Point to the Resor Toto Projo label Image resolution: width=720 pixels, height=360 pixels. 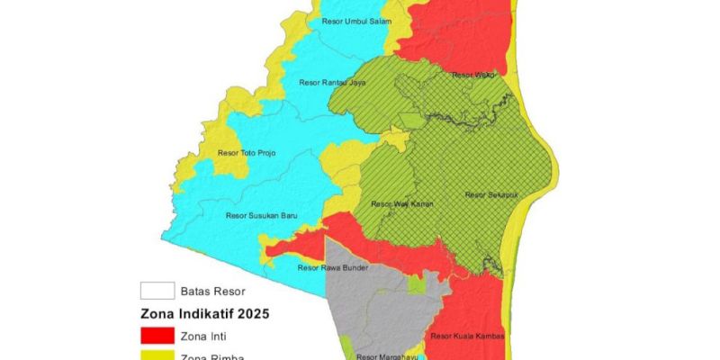(x=247, y=153)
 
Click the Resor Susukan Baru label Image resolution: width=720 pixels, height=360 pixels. (x=261, y=215)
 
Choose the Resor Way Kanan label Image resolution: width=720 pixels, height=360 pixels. (x=403, y=203)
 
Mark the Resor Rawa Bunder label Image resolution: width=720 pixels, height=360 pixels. (x=328, y=267)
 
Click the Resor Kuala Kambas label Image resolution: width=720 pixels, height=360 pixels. (x=468, y=337)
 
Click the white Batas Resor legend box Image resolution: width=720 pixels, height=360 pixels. (x=157, y=291)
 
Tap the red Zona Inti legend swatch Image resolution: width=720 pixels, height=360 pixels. (x=157, y=335)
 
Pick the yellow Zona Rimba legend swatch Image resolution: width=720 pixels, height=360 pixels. (x=157, y=356)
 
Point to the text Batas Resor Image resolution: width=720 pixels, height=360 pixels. (x=213, y=291)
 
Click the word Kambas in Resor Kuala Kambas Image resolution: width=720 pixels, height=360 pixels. (x=490, y=337)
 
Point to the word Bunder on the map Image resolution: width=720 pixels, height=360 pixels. (x=345, y=267)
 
